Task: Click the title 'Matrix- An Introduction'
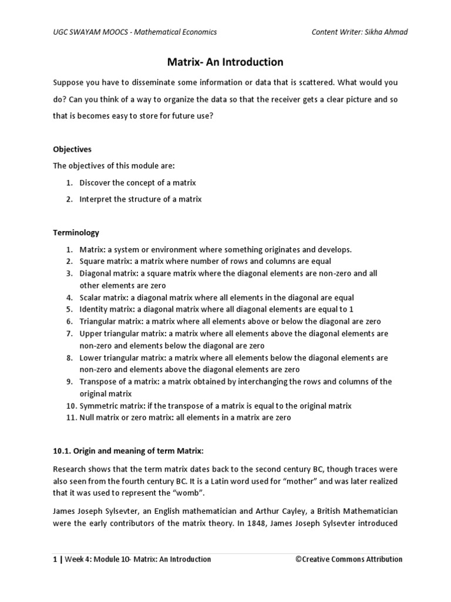point(225,62)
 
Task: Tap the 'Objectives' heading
point(72,149)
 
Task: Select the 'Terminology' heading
point(76,233)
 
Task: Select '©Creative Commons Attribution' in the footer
point(349,559)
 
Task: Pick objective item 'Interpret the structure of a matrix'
point(140,199)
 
